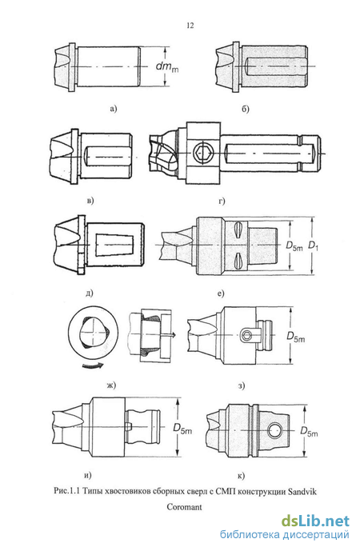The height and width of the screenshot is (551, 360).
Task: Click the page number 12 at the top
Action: click(190, 26)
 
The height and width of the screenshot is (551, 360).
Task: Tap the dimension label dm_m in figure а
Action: click(167, 66)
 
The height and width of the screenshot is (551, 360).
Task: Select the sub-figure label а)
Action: click(113, 109)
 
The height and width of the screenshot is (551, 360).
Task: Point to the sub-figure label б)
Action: click(246, 109)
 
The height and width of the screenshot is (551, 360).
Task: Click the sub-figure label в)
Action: click(90, 201)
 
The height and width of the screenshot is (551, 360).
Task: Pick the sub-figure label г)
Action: click(222, 201)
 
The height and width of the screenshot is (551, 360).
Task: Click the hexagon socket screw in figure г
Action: click(201, 154)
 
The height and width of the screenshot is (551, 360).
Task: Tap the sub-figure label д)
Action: click(90, 293)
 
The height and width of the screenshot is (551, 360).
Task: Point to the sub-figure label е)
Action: click(221, 293)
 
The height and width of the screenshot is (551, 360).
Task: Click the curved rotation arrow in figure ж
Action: click(93, 365)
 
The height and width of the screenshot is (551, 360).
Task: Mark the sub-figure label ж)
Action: click(111, 385)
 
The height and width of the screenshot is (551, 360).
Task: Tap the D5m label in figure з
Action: click(296, 337)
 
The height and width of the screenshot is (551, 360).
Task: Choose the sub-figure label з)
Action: click(241, 385)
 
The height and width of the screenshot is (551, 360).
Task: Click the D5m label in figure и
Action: click(182, 429)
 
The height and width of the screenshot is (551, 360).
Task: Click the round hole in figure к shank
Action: click(274, 430)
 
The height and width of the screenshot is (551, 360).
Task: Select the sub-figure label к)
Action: click(241, 476)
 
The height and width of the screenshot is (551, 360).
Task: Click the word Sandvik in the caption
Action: click(302, 491)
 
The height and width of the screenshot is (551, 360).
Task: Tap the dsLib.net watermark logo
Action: click(315, 521)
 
